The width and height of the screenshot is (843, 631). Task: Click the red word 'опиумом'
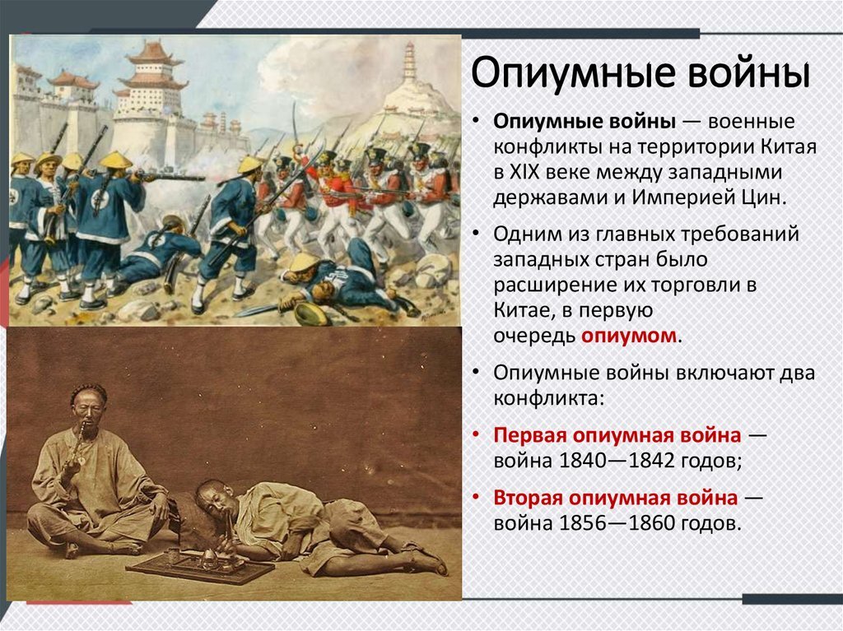pyautogui.click(x=631, y=336)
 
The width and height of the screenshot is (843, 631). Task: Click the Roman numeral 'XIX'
pyautogui.click(x=535, y=173)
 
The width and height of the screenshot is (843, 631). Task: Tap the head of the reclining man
pyautogui.click(x=212, y=497)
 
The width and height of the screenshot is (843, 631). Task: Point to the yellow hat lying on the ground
pyautogui.click(x=310, y=313)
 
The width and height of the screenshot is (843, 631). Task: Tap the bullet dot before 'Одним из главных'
pyautogui.click(x=477, y=234)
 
